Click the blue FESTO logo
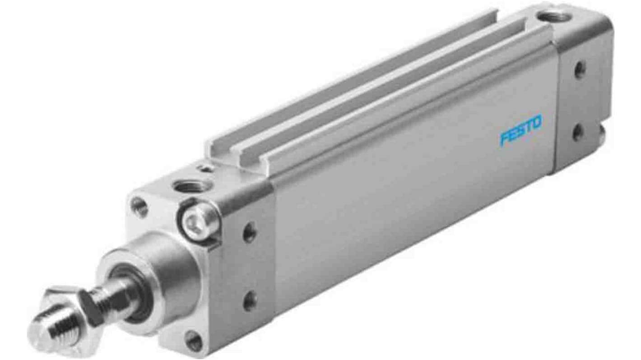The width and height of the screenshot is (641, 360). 520,131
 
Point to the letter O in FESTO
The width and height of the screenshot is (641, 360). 536,124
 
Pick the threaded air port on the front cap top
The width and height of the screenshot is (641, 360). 186,185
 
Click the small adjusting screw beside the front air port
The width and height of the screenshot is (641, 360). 206,169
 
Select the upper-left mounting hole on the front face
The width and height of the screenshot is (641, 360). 139,207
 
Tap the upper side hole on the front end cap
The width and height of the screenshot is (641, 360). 249,232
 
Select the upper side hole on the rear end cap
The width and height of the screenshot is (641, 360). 579,70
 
